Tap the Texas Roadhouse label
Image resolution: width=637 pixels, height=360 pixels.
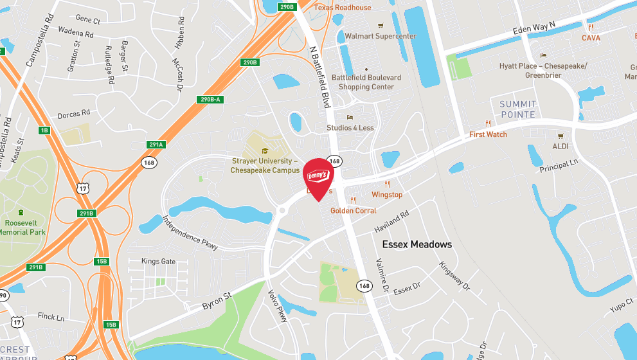point(343,8)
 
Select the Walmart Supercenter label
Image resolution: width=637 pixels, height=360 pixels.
point(381,36)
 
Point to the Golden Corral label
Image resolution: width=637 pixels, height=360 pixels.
point(353,210)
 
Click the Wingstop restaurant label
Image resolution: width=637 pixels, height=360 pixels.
point(387,194)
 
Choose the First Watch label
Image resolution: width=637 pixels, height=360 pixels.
point(488,134)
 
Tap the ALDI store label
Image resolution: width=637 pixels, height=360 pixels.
point(561,147)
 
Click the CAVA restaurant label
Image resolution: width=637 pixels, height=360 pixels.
point(591,38)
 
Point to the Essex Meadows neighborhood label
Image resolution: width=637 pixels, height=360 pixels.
point(417,244)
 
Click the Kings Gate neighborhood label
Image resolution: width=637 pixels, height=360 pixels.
point(158,262)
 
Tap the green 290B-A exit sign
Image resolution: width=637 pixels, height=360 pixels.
point(209,99)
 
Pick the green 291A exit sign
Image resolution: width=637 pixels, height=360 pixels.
point(156,145)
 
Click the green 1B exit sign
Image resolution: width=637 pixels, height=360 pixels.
point(44,130)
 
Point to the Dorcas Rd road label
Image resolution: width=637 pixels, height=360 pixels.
point(73,114)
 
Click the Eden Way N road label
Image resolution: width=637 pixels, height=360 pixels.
point(534,30)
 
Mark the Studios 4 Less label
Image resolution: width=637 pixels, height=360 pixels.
point(350,127)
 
